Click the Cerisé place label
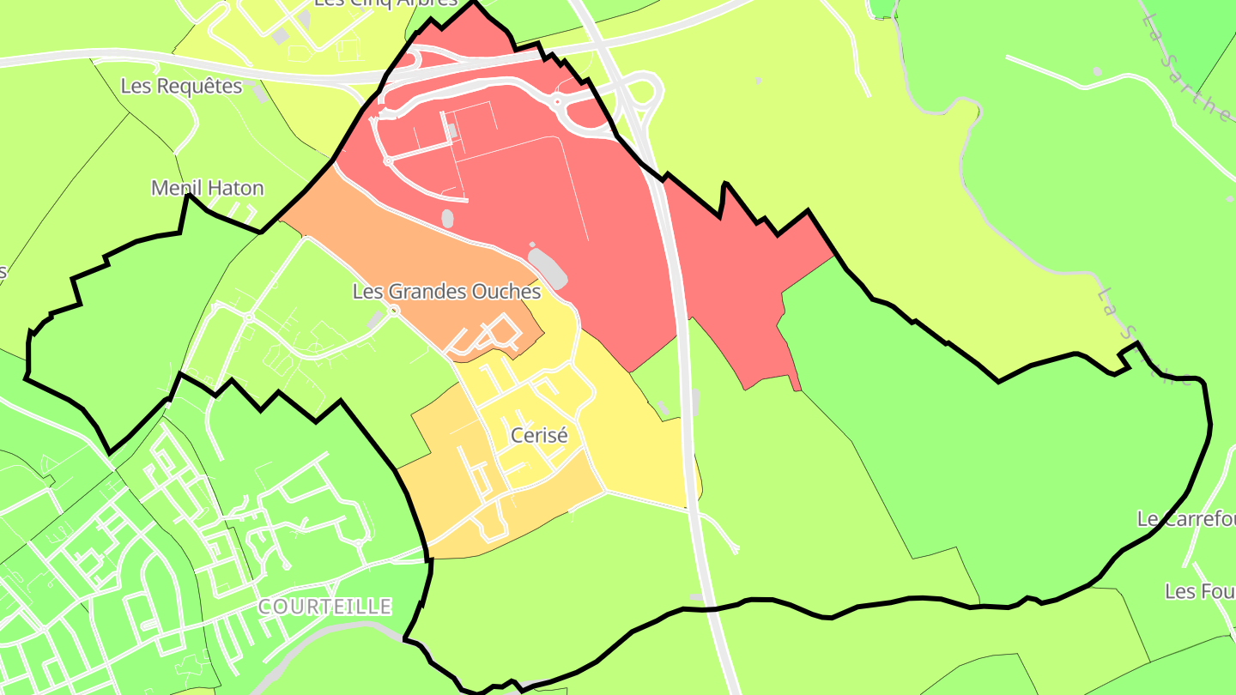[539, 435]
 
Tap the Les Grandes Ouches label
[446, 292]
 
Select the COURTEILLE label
[324, 607]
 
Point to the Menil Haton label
[207, 188]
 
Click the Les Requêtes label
[181, 87]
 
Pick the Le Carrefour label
[1185, 519]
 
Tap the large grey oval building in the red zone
[548, 267]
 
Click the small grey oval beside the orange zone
[447, 218]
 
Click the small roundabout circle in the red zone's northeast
[557, 102]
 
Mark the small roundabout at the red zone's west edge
[387, 160]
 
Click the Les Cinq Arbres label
[385, 3]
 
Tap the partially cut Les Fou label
[1199, 591]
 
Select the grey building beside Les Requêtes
[260, 94]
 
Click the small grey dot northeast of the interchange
[758, 81]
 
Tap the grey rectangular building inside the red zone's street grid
[451, 130]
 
